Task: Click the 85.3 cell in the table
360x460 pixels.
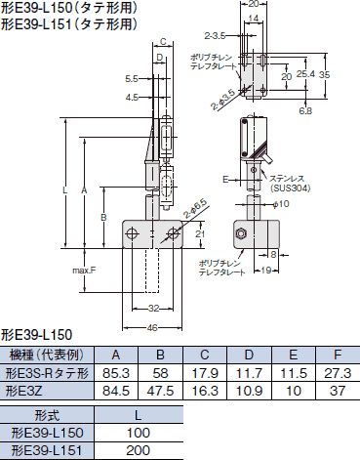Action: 116,372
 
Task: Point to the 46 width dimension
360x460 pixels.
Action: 152,328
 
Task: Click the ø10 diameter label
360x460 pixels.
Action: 280,203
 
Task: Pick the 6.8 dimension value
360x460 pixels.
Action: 305,110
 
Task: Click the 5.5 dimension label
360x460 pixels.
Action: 131,79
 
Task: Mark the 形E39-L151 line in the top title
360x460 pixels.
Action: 60,24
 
